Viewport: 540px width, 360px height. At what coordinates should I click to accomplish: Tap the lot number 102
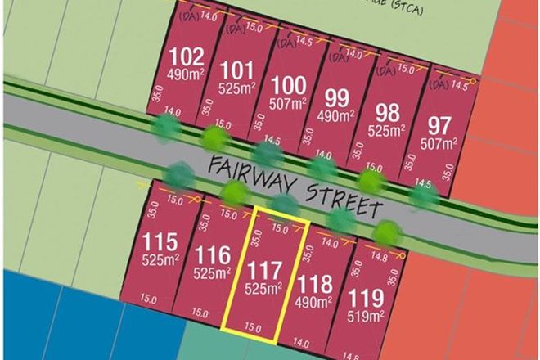(186, 59)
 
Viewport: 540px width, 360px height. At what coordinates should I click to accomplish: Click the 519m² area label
(368, 313)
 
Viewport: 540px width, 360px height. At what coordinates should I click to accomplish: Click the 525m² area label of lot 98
(389, 131)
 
